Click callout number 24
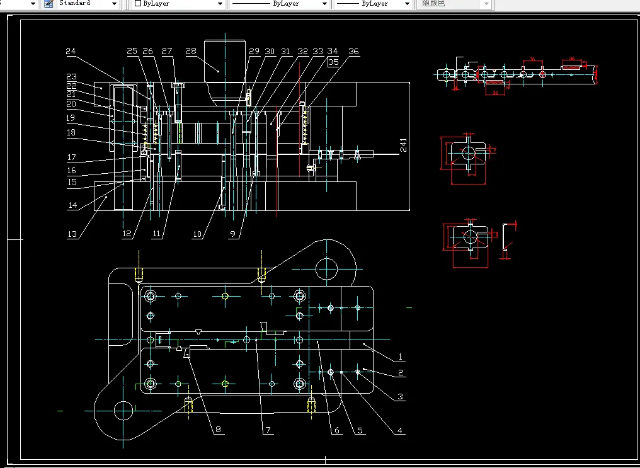coord(71,51)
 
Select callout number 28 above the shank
coord(191,51)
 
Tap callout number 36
coord(354,52)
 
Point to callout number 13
coord(72,234)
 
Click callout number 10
coord(197,234)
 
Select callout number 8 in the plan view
coord(219,430)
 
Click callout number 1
coord(401,358)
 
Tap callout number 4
coord(400,431)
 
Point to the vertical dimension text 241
coord(403,146)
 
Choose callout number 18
coord(71,132)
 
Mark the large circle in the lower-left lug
coord(123,411)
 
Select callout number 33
coord(318,51)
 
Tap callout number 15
coord(72,182)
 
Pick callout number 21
coord(71,94)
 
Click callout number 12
coord(127,234)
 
